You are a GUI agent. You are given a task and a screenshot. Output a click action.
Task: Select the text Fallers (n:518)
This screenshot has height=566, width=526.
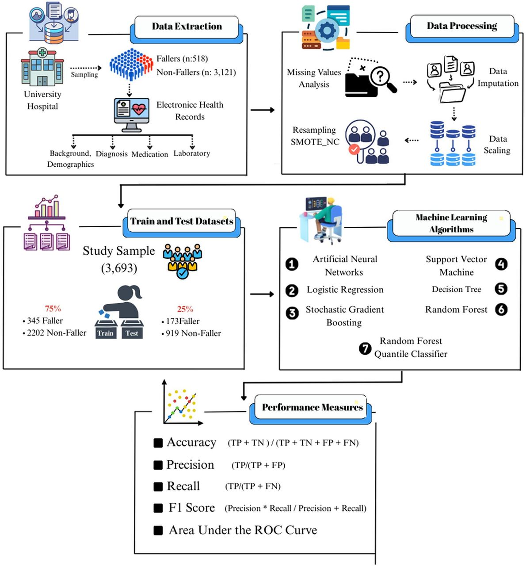[x=182, y=59]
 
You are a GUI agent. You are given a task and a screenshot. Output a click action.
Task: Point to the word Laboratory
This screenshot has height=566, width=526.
[x=192, y=153]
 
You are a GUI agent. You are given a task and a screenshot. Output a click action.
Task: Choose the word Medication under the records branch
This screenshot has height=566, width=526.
[x=149, y=154]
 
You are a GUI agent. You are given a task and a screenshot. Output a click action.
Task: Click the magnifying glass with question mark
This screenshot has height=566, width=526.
[x=383, y=79]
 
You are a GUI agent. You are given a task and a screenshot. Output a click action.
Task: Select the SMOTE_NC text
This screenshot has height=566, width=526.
[x=315, y=142]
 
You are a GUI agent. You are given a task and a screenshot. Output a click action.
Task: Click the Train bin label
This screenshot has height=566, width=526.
[x=106, y=333]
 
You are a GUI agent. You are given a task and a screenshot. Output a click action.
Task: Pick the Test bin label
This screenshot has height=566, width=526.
[x=132, y=333]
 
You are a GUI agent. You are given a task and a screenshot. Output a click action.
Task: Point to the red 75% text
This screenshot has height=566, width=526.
[x=53, y=309]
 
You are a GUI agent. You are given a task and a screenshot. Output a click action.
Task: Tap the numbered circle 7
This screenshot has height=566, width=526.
[x=365, y=348]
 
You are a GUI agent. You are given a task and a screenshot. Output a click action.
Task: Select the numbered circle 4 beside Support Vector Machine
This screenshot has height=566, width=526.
[x=501, y=264]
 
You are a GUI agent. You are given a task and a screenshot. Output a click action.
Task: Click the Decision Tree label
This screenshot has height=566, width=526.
[x=456, y=289]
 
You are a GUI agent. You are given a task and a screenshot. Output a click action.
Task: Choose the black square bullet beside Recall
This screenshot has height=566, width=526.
[x=158, y=487]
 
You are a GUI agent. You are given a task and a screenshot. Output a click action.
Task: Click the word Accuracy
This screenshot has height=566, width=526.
[x=191, y=443]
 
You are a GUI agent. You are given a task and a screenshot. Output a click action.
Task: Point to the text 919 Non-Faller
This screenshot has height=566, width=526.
[x=193, y=333]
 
